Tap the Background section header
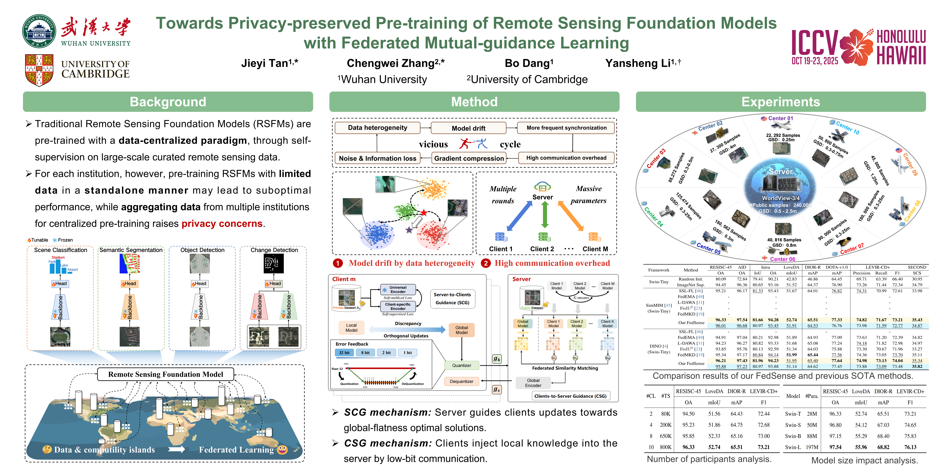[168, 102]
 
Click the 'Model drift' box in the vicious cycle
[468, 128]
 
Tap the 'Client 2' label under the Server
[542, 249]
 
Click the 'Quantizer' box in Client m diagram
[462, 366]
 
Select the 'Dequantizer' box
[462, 381]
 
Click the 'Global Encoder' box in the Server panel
[533, 383]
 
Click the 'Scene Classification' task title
[60, 250]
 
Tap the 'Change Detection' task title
[274, 250]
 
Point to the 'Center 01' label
[780, 118]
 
